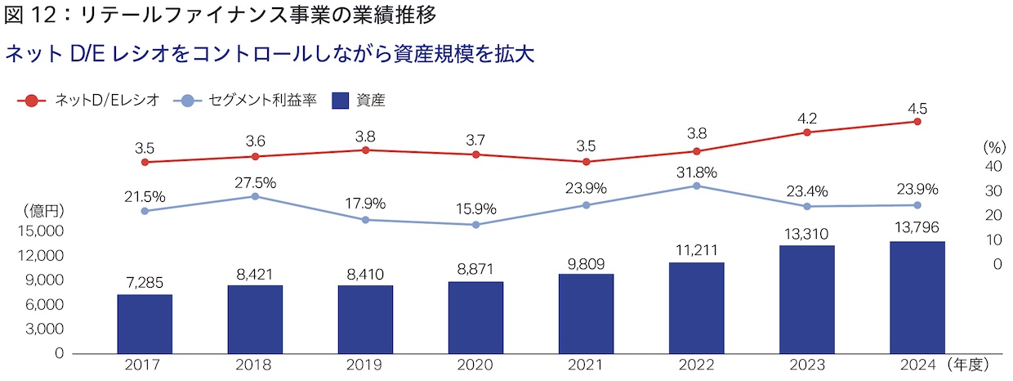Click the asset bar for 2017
pos(145,324)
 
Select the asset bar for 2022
pos(696,307)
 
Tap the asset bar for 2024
pos(917,297)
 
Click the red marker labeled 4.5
pos(917,121)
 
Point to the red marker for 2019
pos(365,150)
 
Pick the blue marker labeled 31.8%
pos(696,186)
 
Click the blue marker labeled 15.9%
pos(475,224)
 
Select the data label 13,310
pos(806,233)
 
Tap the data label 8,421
pos(255,273)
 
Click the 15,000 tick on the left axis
pos(40,231)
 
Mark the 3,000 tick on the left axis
pos(44,329)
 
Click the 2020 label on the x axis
pos(475,365)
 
